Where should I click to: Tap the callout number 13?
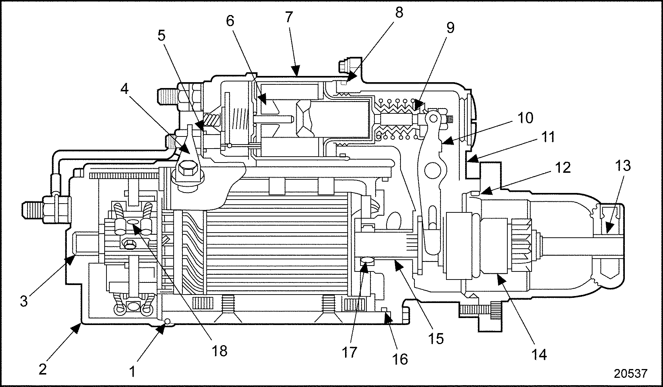[623, 165]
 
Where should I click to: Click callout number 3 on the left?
[24, 302]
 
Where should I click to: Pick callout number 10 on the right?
[526, 118]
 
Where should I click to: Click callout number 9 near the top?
[450, 28]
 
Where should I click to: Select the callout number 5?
[162, 36]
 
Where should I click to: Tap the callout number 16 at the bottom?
[401, 359]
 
